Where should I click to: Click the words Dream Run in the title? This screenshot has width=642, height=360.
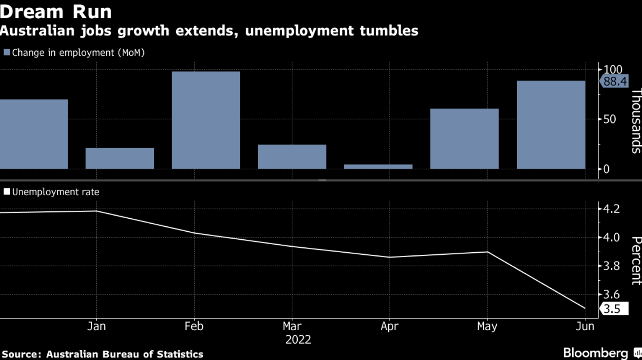[x=56, y=12]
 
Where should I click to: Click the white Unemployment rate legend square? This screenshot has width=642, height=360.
[x=7, y=192]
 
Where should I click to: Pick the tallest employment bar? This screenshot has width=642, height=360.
[x=206, y=120]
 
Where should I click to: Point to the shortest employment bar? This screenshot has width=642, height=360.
[x=379, y=167]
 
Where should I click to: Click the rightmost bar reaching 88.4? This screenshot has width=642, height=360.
[x=551, y=125]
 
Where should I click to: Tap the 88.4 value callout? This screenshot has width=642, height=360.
[x=615, y=82]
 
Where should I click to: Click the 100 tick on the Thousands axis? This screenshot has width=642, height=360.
[x=613, y=70]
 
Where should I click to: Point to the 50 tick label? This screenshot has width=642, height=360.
[x=610, y=119]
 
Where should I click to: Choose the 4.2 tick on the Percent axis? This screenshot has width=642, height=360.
[x=612, y=209]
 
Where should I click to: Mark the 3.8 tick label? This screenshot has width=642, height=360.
[x=612, y=266]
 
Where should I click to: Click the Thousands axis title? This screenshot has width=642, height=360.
[x=636, y=121]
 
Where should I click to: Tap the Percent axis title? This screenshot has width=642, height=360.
[x=636, y=260]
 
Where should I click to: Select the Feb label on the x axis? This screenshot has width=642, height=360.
[x=194, y=327]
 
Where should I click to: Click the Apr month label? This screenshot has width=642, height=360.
[x=390, y=327]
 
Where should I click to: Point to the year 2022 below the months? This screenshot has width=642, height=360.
[x=298, y=340]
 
